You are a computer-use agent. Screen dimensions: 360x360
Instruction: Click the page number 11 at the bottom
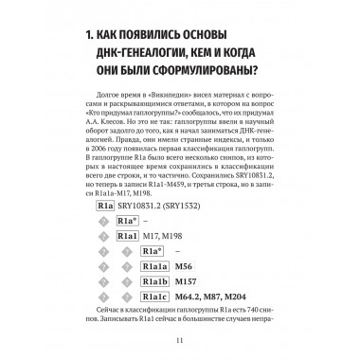point(179,340)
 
